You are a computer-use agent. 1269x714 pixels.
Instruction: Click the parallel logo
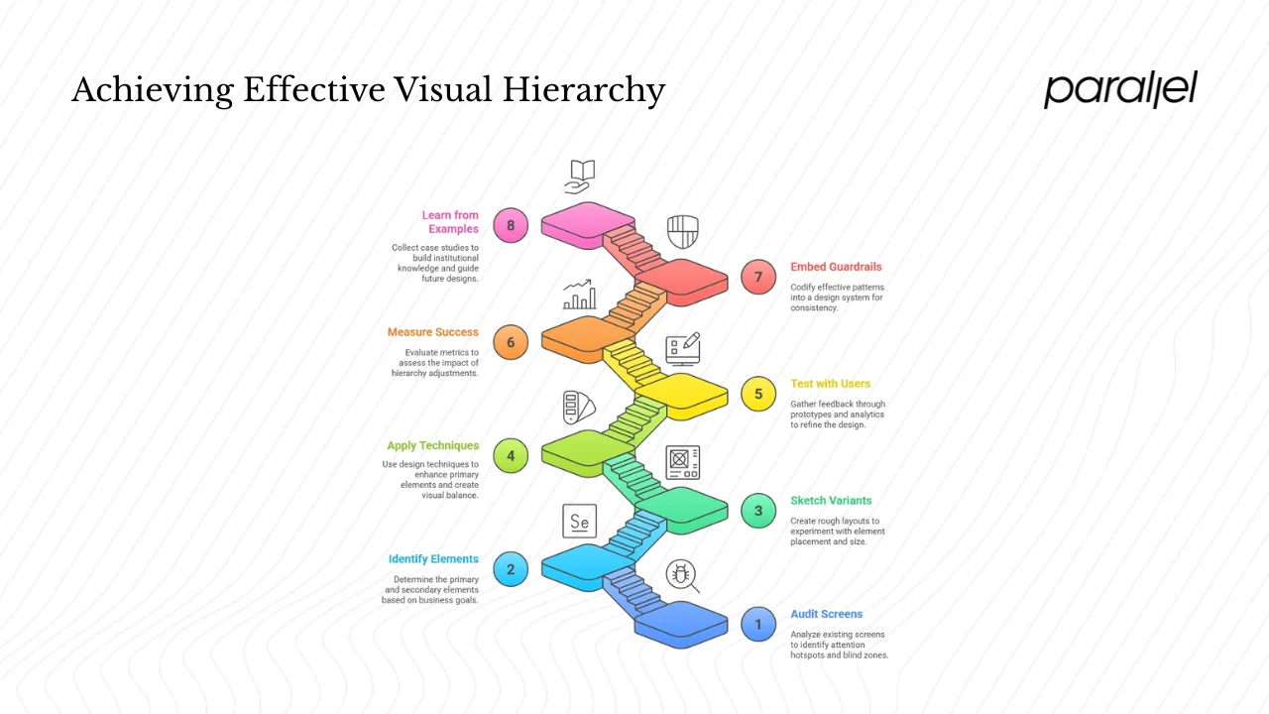click(x=1120, y=89)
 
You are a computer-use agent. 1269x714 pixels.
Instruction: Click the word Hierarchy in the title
click(x=583, y=91)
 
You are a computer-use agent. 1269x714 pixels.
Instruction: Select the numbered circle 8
click(x=511, y=225)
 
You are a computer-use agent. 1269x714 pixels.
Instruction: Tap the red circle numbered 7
click(x=758, y=277)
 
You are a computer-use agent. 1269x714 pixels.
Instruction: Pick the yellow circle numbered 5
click(x=758, y=394)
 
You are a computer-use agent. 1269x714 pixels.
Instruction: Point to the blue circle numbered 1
click(x=758, y=624)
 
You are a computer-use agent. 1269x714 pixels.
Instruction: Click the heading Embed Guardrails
click(x=836, y=267)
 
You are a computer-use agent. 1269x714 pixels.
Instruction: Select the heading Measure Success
click(x=433, y=332)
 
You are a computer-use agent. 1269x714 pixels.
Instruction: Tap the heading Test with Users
click(x=830, y=384)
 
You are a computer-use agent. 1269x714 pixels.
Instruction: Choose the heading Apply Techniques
click(x=433, y=446)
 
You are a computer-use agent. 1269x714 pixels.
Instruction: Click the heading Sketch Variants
click(x=831, y=501)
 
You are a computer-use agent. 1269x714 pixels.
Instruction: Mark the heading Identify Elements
click(x=433, y=559)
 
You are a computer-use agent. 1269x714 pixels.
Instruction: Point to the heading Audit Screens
click(x=827, y=614)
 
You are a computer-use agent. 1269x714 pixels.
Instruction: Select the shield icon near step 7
click(x=682, y=231)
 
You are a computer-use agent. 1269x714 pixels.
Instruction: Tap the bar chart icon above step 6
click(x=580, y=294)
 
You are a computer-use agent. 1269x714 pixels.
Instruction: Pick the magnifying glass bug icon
click(x=682, y=575)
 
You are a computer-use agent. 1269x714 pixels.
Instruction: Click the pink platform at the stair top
click(x=588, y=220)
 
